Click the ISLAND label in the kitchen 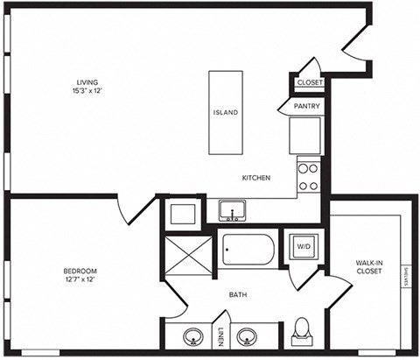(226, 113)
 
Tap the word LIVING (85, 84)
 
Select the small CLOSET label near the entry (310, 82)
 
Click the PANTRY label (306, 107)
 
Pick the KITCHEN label (256, 178)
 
